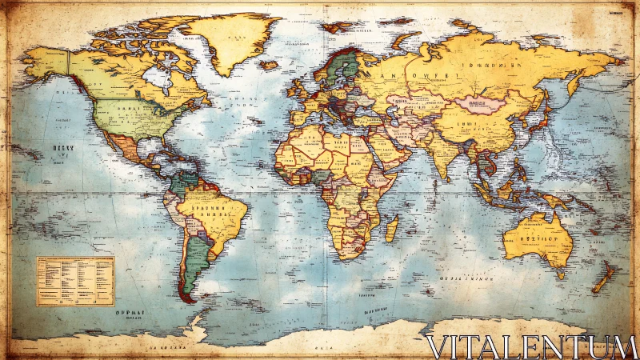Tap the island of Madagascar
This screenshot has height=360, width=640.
click(391, 229)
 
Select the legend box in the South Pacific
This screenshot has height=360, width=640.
click(75, 281)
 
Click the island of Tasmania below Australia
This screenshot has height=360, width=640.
click(559, 273)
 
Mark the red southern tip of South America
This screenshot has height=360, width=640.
click(187, 298)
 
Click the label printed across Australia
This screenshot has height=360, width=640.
click(532, 238)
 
